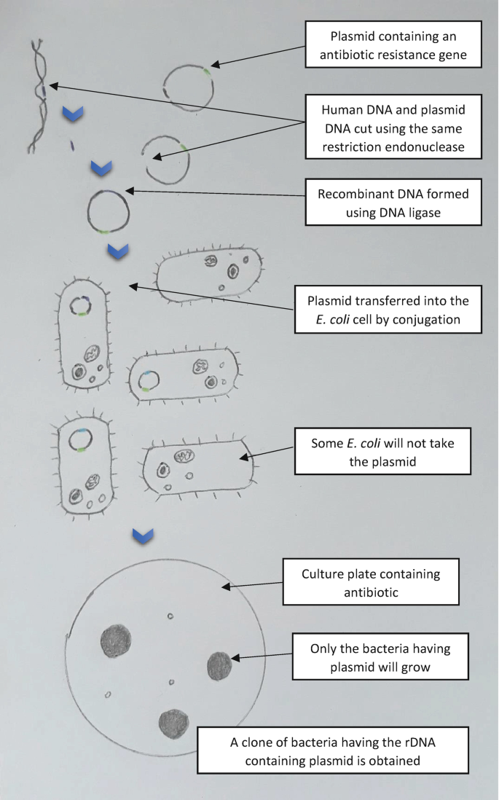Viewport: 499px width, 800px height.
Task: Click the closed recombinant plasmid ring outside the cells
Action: pos(109,210)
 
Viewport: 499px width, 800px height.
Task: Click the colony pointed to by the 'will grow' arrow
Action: pos(219,665)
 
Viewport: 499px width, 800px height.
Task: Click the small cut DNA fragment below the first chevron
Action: pos(73,145)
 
